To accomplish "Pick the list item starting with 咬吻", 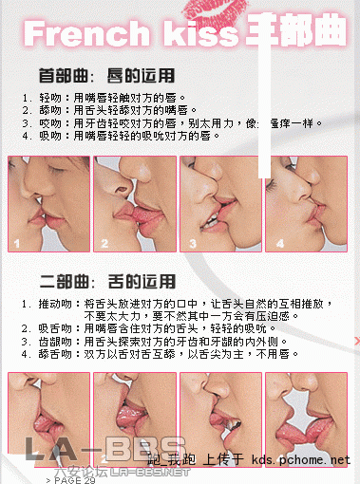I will (171, 123).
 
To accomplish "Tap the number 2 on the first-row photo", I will (104, 244).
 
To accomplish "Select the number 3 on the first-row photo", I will (190, 244).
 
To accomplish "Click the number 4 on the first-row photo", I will (279, 244).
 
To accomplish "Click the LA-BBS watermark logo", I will (104, 450).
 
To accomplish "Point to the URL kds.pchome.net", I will (301, 460).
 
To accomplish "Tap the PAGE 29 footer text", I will (70, 479).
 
